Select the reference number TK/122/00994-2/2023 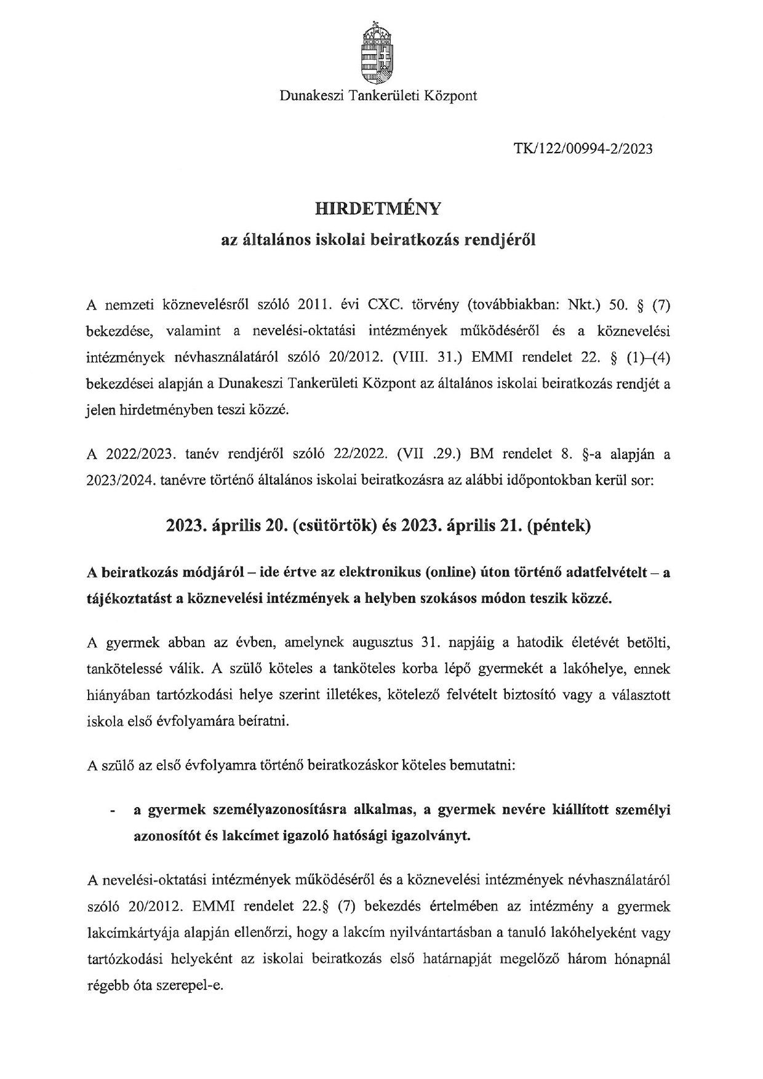point(582,149)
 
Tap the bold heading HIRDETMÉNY point(378,209)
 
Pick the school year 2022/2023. point(133,455)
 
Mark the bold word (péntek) point(558,527)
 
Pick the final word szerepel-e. point(191,985)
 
